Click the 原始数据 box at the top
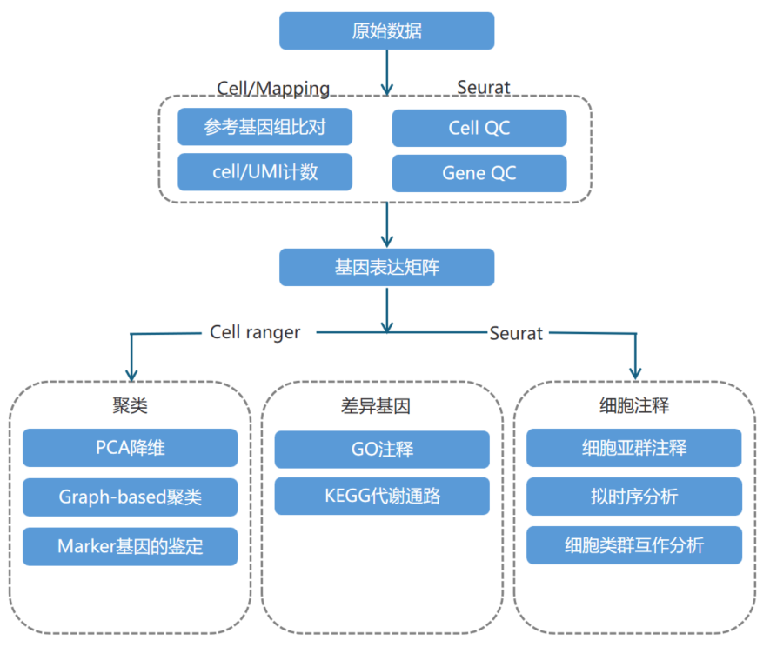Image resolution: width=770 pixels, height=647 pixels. point(386,31)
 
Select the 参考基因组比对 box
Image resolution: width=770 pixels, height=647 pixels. point(264,127)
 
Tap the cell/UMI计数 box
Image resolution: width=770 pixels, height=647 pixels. point(264,172)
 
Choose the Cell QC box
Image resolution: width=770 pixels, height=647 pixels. point(479,128)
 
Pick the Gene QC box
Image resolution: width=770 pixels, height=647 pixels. point(479,173)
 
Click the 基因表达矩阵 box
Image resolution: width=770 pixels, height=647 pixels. point(386,267)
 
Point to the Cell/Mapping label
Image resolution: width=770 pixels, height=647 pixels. point(273,88)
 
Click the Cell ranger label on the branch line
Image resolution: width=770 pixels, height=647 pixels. point(255,332)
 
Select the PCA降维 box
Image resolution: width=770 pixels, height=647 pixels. point(130,448)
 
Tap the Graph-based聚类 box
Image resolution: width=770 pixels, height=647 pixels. point(130,497)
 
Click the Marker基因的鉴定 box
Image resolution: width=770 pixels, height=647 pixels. point(130,546)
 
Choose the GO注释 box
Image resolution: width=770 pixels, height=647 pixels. point(382,449)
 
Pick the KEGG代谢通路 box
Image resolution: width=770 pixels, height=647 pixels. point(382,497)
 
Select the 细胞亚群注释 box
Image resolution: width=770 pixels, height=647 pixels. point(633,448)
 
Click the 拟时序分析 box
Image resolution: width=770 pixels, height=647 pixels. point(633,497)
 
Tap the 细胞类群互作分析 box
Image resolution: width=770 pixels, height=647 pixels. point(633,545)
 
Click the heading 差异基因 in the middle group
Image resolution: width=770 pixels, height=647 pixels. point(382,405)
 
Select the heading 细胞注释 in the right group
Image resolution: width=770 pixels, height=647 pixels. point(634,405)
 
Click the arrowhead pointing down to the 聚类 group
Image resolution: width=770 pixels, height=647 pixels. point(131,370)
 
